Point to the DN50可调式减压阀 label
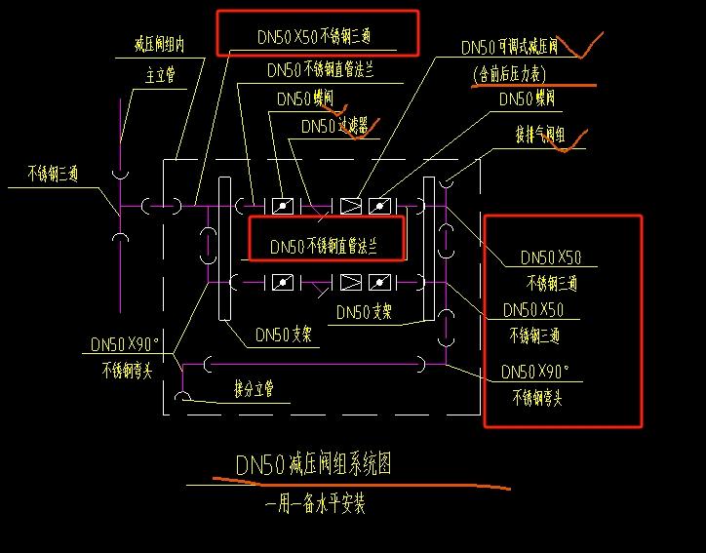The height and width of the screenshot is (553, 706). pyautogui.click(x=509, y=47)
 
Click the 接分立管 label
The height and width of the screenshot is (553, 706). pyautogui.click(x=254, y=389)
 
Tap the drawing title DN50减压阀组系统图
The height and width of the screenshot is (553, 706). pyautogui.click(x=313, y=464)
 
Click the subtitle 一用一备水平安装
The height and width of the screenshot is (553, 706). pyautogui.click(x=316, y=504)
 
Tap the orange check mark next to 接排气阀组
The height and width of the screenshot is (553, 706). pyautogui.click(x=577, y=139)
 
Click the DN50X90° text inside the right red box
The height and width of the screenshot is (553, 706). pyautogui.click(x=534, y=372)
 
